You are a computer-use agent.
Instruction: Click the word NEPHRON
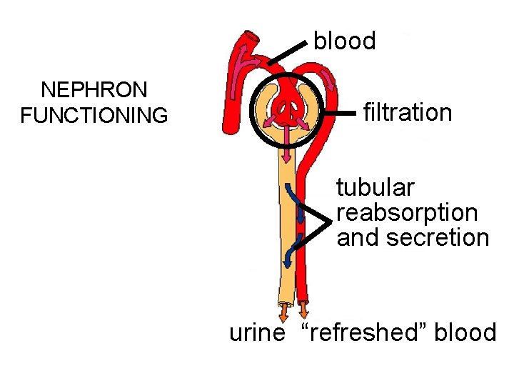pos(95,90)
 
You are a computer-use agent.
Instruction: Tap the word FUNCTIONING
pos(95,115)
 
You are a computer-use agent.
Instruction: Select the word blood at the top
pos(344,41)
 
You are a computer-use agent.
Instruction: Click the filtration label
pos(408,112)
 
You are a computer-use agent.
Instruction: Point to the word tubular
pos(375,188)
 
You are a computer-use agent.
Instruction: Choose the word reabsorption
pos(407,212)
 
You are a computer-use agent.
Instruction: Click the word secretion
pos(437,237)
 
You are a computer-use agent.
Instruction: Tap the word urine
pos(257,332)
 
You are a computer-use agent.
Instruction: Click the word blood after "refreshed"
pos(465,332)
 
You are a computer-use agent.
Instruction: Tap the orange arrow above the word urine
pos(284,312)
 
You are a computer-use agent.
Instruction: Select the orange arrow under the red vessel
pos(304,311)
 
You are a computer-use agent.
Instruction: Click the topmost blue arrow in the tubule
pos(289,192)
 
